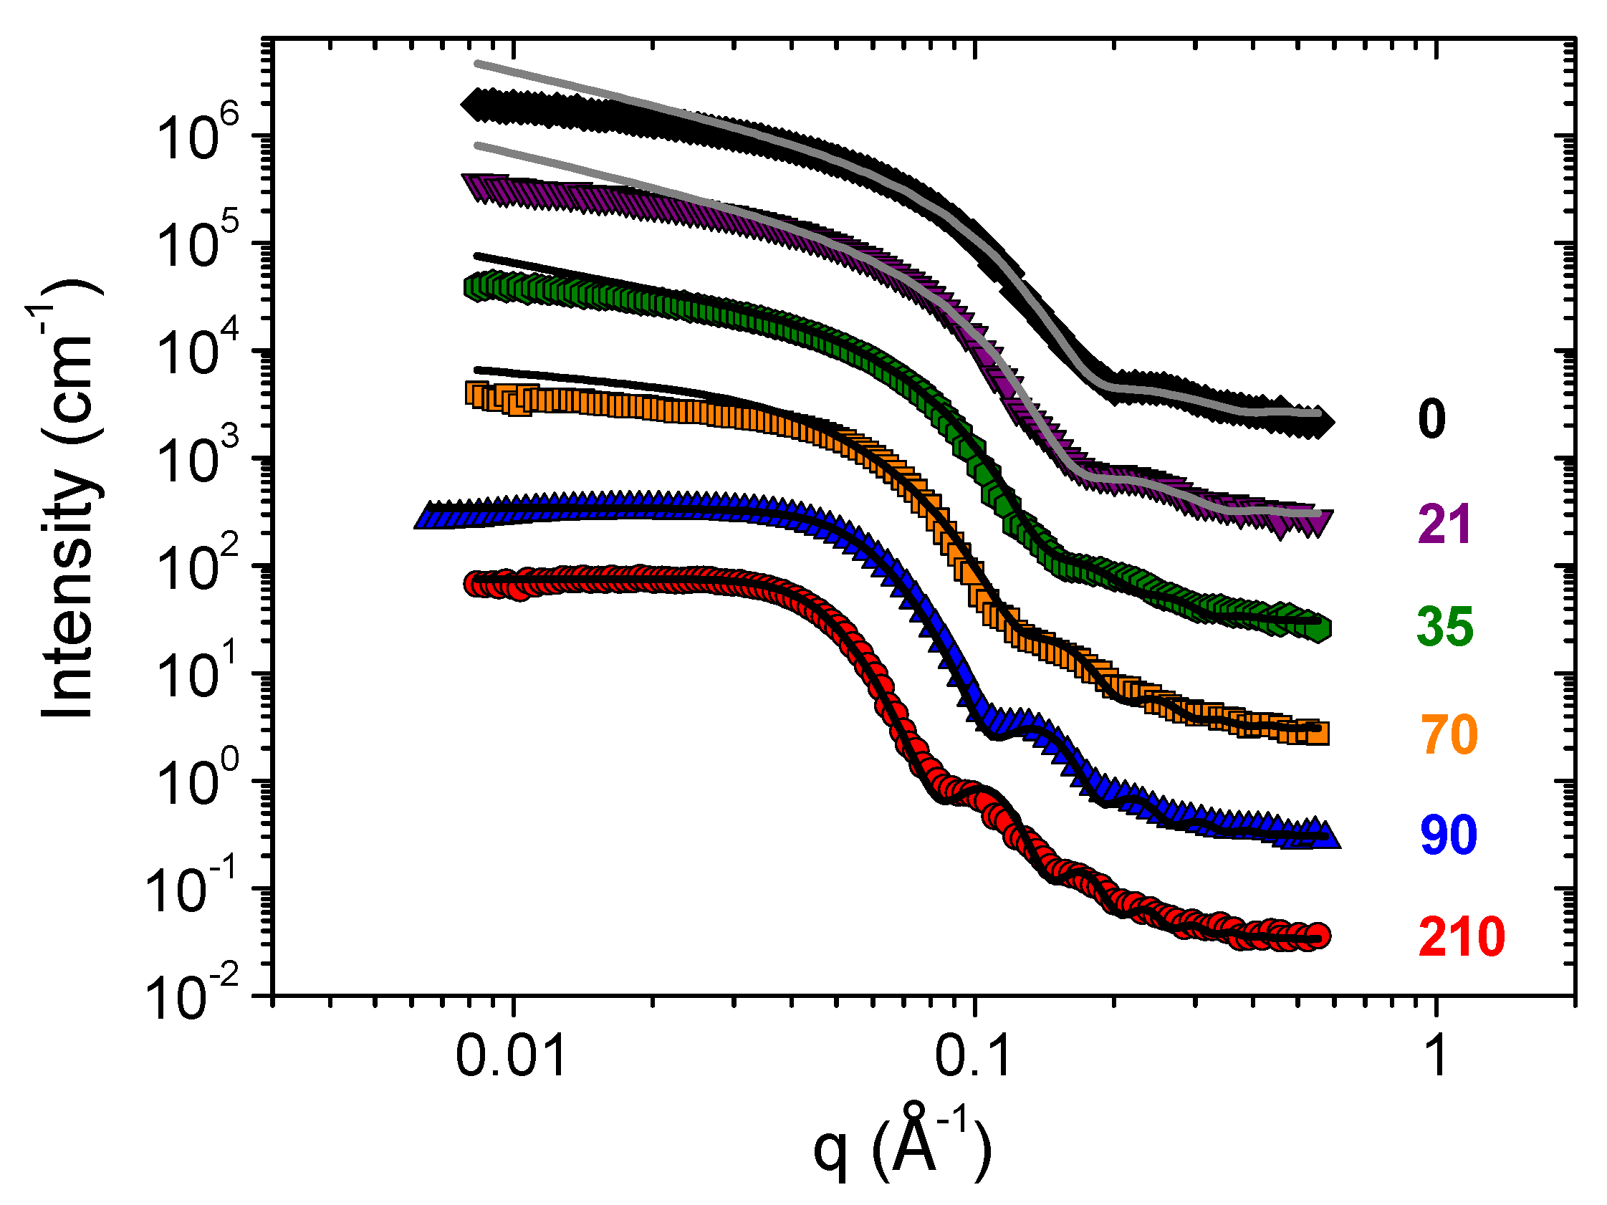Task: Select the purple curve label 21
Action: click(1444, 524)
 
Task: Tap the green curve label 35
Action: click(1445, 627)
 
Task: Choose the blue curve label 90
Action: click(1449, 835)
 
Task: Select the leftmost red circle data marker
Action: click(476, 583)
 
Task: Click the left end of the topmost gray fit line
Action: click(476, 64)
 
